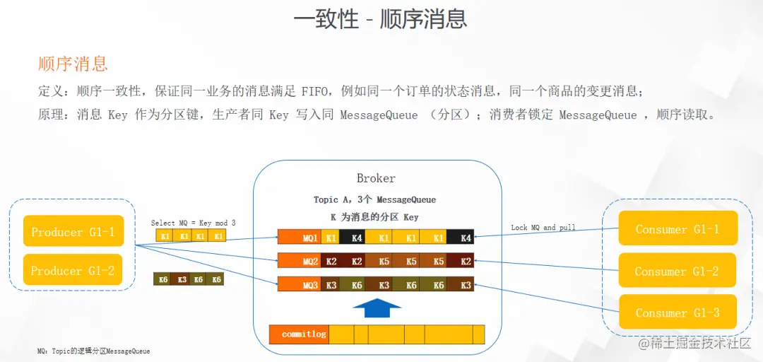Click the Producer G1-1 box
pyautogui.click(x=73, y=231)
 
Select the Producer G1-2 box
pyautogui.click(x=73, y=270)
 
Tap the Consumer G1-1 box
pyautogui.click(x=677, y=229)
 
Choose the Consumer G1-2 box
pyautogui.click(x=677, y=271)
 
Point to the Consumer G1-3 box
pyautogui.click(x=677, y=313)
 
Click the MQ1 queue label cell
pyautogui.click(x=300, y=238)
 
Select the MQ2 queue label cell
pyautogui.click(x=300, y=261)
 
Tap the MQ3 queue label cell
pyautogui.click(x=300, y=284)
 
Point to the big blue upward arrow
pyautogui.click(x=377, y=308)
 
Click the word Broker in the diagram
pyautogui.click(x=376, y=178)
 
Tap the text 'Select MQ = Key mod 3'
pyautogui.click(x=193, y=223)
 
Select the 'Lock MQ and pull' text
pyautogui.click(x=543, y=228)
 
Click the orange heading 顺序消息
pyautogui.click(x=73, y=64)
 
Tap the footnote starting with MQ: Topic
pyautogui.click(x=93, y=351)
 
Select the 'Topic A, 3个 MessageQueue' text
pyautogui.click(x=374, y=200)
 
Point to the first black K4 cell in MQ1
pyautogui.click(x=356, y=238)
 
